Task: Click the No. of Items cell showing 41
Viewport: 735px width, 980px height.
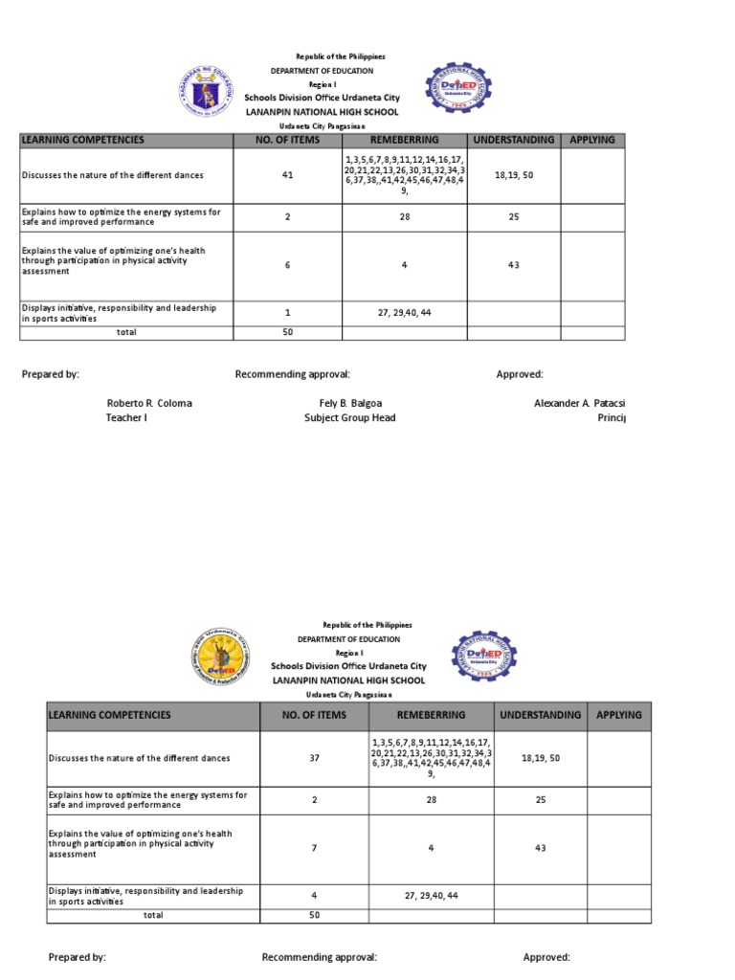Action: click(287, 175)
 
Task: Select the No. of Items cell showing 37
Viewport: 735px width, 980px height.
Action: click(314, 758)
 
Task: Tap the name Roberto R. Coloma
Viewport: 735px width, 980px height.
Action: click(149, 403)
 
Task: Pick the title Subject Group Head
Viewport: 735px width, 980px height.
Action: click(350, 417)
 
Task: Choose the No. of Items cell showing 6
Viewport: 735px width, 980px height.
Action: click(287, 264)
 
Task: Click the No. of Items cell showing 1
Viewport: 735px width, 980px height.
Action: click(287, 312)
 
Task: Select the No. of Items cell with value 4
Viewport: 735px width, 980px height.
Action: click(314, 896)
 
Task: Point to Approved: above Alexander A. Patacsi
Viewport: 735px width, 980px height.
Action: click(520, 374)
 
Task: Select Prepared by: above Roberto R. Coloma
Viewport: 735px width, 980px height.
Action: click(51, 374)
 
